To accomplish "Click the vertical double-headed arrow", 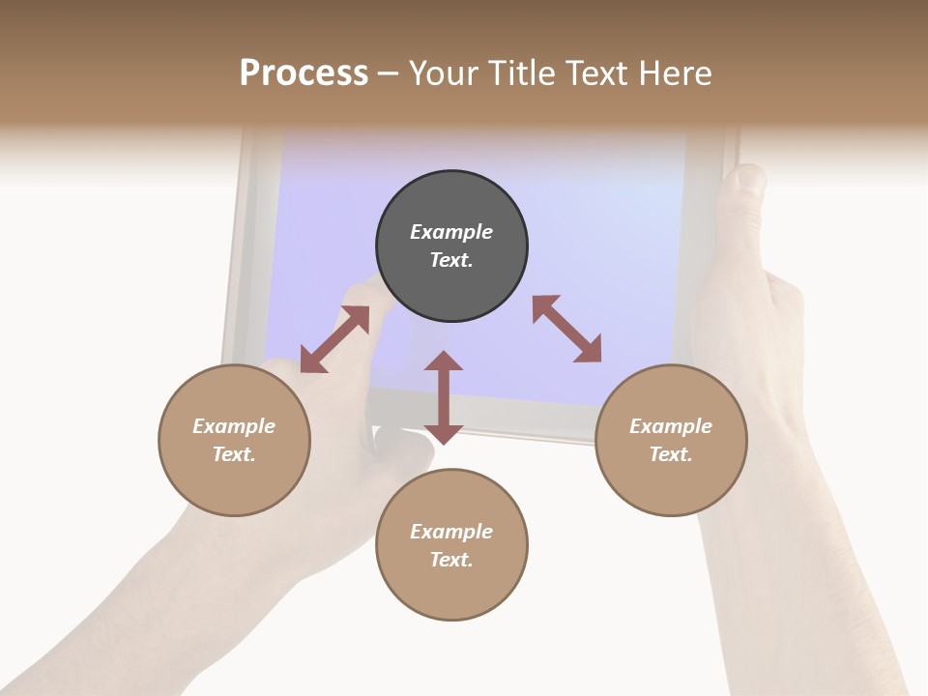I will [444, 397].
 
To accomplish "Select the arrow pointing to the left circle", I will [334, 339].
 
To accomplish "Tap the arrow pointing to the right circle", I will [567, 330].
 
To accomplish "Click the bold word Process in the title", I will [304, 72].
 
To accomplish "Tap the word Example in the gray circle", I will [451, 232].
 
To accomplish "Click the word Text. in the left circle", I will [234, 454].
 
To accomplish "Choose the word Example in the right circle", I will [671, 426].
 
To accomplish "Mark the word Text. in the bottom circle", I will [451, 560].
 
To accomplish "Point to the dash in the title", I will [388, 73].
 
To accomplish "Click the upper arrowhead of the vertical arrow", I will [444, 362].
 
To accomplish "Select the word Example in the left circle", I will [234, 426].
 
